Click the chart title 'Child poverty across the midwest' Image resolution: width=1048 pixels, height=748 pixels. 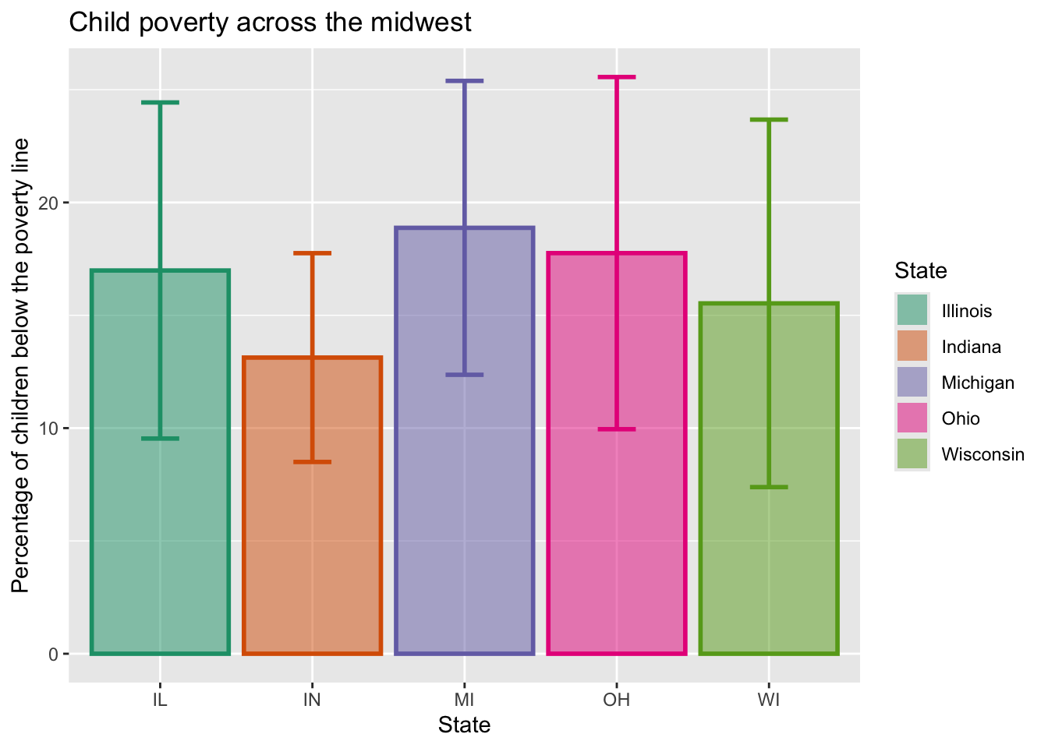pos(270,22)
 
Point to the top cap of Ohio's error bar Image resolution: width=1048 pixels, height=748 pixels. pos(617,77)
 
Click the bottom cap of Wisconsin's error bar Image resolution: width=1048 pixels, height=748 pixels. pos(769,487)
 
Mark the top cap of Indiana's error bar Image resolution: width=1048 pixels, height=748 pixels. pos(313,253)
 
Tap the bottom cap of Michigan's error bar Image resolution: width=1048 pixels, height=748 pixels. pos(465,375)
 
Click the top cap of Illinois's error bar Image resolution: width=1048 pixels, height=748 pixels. pos(160,102)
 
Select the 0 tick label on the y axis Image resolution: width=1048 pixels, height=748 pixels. pos(53,654)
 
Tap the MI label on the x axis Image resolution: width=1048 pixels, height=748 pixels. pos(465,699)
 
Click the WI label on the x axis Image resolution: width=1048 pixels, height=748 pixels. pos(769,699)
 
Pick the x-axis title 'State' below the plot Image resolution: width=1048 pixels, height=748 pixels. pos(464,725)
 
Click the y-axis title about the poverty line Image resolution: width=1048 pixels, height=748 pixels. pos(21,365)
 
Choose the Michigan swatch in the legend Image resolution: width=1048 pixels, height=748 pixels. pos(912,383)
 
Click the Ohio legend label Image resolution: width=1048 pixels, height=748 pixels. pos(961,418)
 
